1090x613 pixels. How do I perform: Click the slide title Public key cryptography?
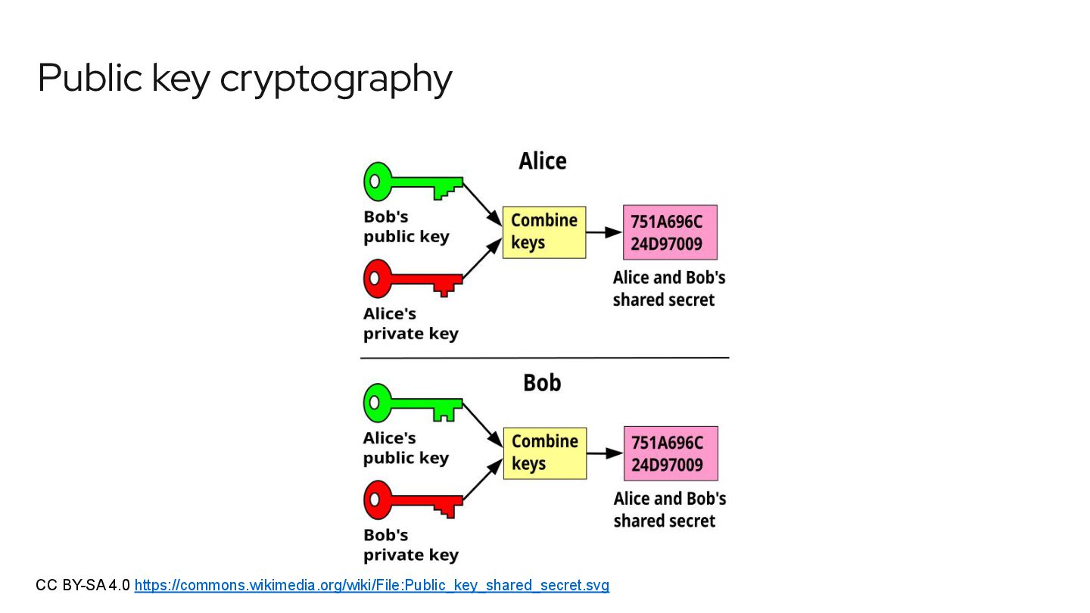coord(244,78)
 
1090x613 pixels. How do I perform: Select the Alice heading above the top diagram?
coord(542,161)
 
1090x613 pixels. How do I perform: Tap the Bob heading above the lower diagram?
coord(542,383)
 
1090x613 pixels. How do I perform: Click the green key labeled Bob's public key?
coord(413,182)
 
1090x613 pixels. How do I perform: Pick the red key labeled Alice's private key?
coord(413,279)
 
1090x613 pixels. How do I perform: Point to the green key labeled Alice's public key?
coord(413,403)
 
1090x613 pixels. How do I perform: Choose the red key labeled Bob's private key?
coord(413,500)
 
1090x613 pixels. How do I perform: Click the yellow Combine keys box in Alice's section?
coord(544,232)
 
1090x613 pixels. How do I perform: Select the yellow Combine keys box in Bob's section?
coord(545,453)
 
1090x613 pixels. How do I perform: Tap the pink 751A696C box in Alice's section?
coord(669,232)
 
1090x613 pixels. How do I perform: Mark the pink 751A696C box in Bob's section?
coord(670,453)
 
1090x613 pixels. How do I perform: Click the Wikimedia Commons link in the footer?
coord(372,585)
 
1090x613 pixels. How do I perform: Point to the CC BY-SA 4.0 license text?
coord(83,585)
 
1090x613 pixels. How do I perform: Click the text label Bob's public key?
coord(406,227)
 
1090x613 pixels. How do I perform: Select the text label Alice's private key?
coord(410,324)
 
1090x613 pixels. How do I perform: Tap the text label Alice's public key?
coord(406,448)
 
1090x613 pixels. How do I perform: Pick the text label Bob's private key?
coord(410,545)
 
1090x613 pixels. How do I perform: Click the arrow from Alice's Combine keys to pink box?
coord(604,232)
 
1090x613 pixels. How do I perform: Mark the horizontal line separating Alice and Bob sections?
coord(544,357)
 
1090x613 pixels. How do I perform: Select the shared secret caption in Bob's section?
coord(669,509)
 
